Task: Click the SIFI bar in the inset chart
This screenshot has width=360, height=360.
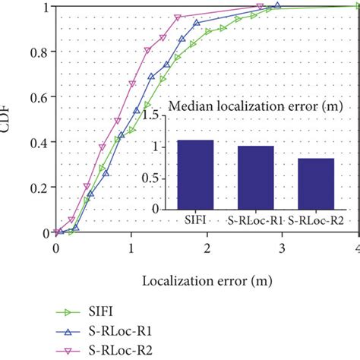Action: [195, 174]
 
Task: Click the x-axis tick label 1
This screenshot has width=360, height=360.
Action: [131, 248]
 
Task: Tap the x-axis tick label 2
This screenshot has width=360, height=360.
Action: [207, 248]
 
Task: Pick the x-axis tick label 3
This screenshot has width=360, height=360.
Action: [282, 248]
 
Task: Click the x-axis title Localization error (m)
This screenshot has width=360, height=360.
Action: [207, 279]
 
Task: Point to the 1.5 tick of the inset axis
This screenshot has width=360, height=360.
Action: [156, 116]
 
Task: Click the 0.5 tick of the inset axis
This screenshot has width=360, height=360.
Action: [156, 178]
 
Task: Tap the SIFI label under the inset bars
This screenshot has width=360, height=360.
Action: [195, 220]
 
